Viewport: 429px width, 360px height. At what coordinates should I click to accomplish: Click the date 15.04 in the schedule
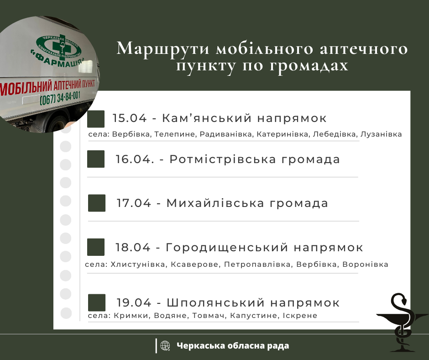point(130,118)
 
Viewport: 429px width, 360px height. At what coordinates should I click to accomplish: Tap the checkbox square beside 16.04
point(96,159)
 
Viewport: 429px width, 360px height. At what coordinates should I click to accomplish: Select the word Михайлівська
point(215,203)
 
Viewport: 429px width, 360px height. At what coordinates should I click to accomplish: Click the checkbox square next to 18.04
point(96,247)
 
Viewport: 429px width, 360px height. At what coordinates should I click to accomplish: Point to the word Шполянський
point(215,303)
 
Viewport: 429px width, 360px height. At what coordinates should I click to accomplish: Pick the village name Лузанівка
point(381,134)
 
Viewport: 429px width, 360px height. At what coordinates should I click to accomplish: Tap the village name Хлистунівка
point(138,265)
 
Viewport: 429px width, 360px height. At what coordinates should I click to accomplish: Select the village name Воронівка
point(365,265)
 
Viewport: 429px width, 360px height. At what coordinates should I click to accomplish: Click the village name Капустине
point(254,316)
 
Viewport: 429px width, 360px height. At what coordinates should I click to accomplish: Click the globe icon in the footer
point(165,346)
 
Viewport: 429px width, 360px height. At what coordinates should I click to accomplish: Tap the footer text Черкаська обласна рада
point(233,346)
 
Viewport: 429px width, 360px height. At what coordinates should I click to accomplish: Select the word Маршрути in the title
point(163,49)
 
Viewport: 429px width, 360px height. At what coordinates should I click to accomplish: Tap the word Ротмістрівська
point(223,159)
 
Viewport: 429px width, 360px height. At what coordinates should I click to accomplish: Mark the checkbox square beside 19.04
point(97,303)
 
